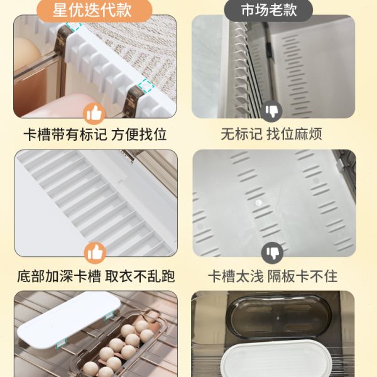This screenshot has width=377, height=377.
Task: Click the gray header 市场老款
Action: [268, 11]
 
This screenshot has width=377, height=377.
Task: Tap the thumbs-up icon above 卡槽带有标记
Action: [94, 113]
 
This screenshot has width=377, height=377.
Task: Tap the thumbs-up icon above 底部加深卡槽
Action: [94, 253]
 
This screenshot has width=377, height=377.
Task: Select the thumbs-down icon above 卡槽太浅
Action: [271, 253]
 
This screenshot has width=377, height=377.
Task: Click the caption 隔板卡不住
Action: [303, 276]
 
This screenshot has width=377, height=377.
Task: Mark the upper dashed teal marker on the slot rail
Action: [74, 26]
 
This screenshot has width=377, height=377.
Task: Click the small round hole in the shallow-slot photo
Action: [258, 203]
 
